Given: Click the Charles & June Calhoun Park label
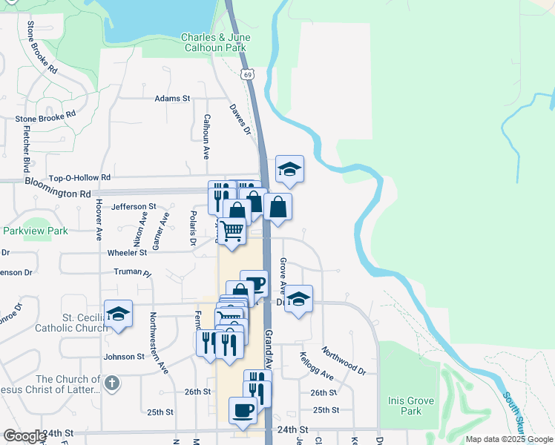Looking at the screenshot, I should coord(216,42).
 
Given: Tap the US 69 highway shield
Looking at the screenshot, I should coord(247,74).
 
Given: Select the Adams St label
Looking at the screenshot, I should coord(172,98).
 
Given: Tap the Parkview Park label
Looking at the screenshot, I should coord(35,231).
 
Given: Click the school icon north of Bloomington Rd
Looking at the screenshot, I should coord(289,170).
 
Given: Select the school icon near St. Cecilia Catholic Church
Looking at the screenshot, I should coord(118,314).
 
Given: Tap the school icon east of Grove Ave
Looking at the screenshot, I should coord(298,299).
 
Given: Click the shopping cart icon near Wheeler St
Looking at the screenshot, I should coord(232,232).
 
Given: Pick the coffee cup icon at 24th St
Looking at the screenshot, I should coord(242,410).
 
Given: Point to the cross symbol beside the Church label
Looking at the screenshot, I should coord(111,383).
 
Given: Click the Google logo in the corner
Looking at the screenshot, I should coord(24,436).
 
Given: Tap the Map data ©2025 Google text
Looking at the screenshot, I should coord(509,439).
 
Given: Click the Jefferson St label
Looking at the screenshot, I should coord(134,207).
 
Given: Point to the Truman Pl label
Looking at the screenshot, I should coord(132,273).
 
